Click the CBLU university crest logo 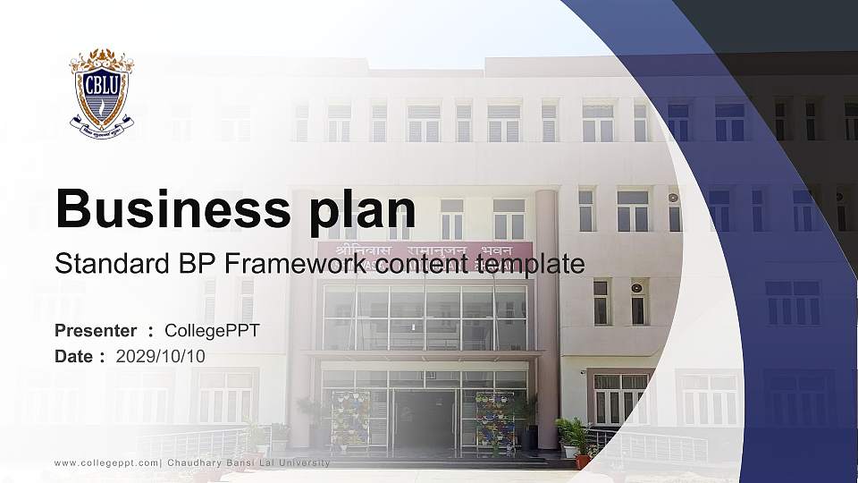click(x=102, y=91)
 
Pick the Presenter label click(x=96, y=331)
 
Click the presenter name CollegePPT click(x=212, y=331)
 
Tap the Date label click(x=74, y=356)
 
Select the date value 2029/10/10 click(x=160, y=356)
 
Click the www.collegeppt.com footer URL click(x=106, y=462)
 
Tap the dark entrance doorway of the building click(x=425, y=419)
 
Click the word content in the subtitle click(x=419, y=264)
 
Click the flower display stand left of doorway click(x=349, y=419)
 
